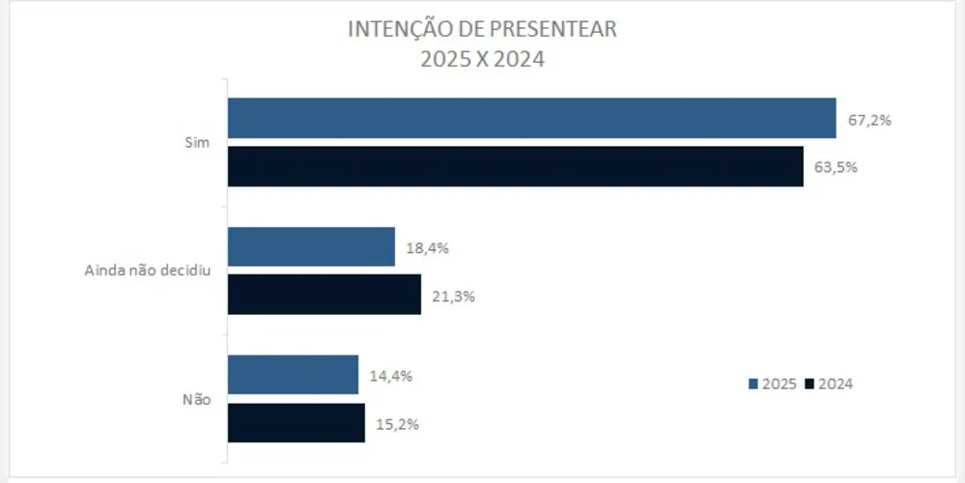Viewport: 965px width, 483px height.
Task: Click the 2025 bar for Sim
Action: coord(531,118)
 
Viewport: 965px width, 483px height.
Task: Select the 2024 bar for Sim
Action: coord(515,166)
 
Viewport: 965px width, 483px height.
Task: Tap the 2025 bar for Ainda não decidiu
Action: coord(311,246)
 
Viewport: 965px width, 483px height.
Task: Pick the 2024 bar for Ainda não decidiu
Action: coord(324,295)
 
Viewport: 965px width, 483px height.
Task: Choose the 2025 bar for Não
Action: coord(293,375)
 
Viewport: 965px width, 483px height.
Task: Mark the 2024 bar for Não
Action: coord(296,423)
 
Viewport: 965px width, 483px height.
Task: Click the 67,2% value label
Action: coord(868,121)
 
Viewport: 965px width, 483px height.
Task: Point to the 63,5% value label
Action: coord(836,166)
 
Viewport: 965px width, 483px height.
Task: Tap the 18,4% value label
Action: coord(428,248)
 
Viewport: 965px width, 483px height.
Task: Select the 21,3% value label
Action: coord(453,297)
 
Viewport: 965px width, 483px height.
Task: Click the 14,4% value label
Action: coord(390,376)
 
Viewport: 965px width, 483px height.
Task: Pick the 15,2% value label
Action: coord(397,424)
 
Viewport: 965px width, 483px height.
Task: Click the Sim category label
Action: coord(197,142)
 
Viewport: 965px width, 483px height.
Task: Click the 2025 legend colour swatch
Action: coord(752,384)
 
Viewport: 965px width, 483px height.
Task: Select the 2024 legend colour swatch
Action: coord(809,384)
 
